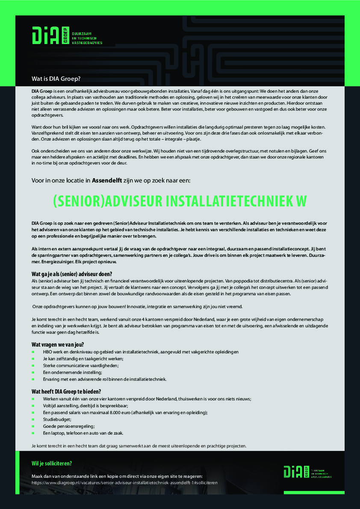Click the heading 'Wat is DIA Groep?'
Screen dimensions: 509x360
click(56, 79)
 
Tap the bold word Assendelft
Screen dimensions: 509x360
click(106, 180)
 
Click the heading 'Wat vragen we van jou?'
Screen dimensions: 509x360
click(58, 344)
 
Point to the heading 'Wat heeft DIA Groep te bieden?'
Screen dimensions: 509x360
click(66, 391)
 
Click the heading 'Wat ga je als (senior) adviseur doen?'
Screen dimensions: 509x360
click(72, 274)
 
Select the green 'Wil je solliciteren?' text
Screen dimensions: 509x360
click(52, 463)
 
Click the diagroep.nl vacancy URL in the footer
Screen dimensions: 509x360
click(125, 483)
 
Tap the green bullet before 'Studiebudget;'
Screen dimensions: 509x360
click(33, 419)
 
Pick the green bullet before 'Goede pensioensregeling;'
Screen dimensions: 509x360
click(33, 426)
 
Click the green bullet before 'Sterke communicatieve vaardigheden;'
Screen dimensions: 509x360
click(33, 365)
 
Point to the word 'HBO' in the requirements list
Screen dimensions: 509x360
click(47, 352)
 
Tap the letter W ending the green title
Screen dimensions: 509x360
click(301, 201)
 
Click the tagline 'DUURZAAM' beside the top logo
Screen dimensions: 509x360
click(82, 33)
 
